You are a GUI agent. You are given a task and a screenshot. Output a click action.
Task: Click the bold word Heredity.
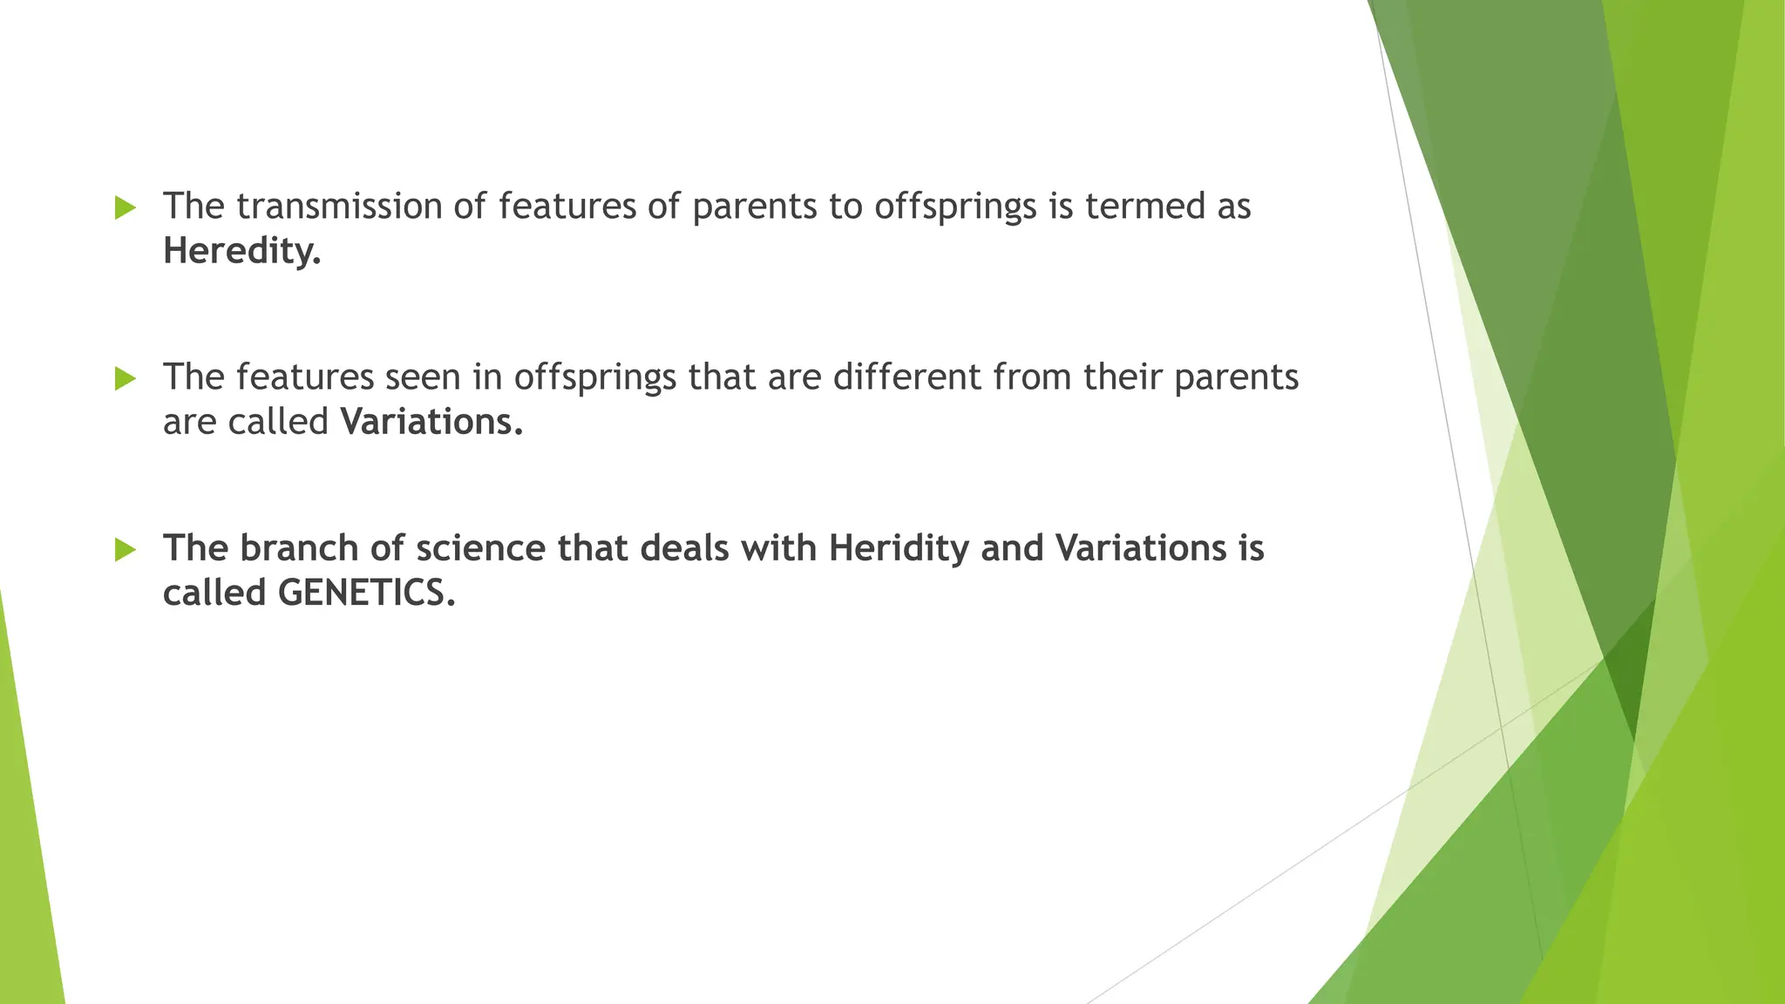242,252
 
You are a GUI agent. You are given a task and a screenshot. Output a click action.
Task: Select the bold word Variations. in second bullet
432,422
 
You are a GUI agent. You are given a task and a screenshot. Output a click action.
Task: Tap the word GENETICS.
367,594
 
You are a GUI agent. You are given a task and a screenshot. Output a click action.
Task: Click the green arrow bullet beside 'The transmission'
126,207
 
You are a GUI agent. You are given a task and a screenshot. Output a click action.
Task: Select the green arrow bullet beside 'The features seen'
126,378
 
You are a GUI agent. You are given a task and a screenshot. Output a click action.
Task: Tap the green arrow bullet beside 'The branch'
126,549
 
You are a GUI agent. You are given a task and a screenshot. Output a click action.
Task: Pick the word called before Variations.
278,422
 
